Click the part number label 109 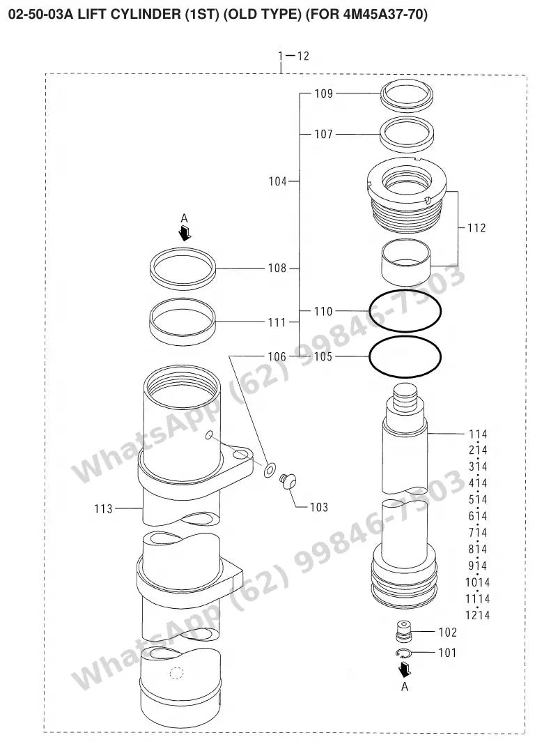[x=324, y=93]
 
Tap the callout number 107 [x=324, y=135]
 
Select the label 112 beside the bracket [x=476, y=228]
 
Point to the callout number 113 [x=104, y=508]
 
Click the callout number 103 [x=318, y=507]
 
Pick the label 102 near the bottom [x=447, y=633]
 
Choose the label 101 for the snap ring [x=447, y=653]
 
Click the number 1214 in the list [x=477, y=615]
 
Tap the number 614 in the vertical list [x=478, y=516]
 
